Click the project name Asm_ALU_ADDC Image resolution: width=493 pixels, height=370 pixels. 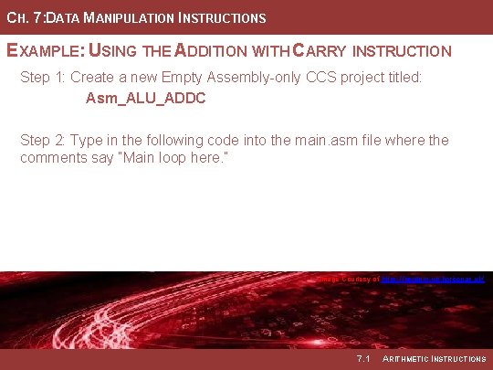point(145,98)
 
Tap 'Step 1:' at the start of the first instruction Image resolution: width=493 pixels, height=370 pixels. point(43,78)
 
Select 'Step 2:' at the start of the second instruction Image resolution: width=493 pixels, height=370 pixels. point(43,140)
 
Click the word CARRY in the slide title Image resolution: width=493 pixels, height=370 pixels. point(332,51)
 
